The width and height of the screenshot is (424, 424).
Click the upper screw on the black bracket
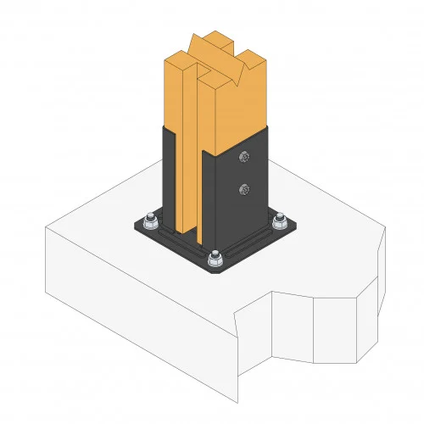(245, 156)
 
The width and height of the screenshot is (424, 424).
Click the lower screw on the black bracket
(245, 189)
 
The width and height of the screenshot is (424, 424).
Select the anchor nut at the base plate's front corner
(215, 255)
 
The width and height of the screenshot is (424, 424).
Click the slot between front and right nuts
(248, 242)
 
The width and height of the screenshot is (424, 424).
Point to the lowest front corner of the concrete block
(236, 399)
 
